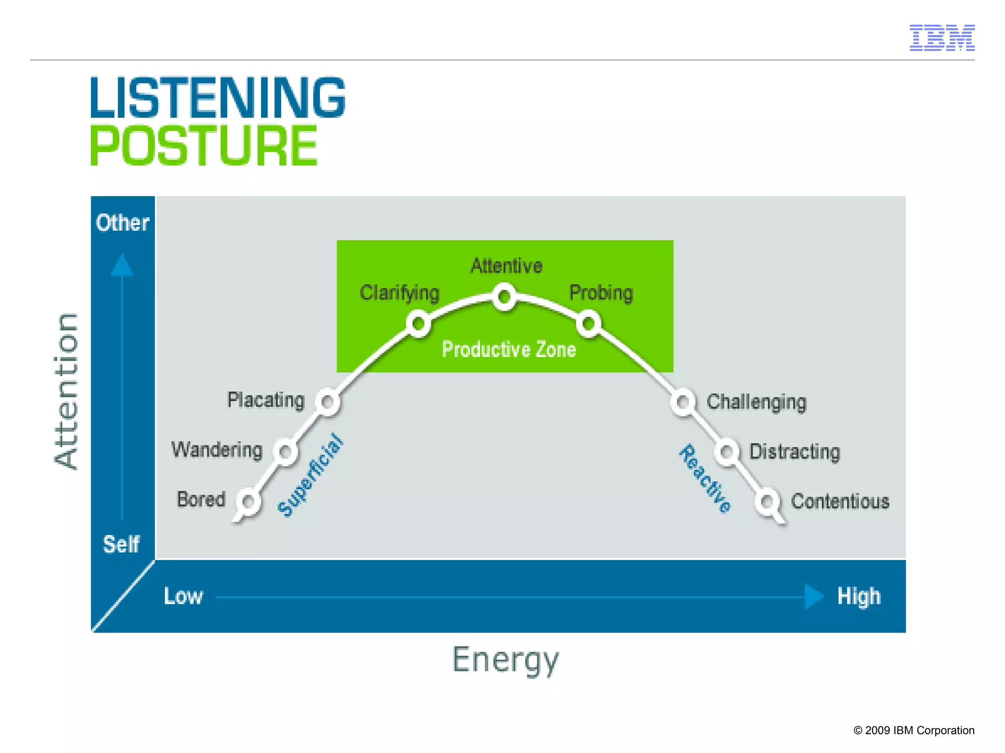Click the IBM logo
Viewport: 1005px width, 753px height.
(942, 38)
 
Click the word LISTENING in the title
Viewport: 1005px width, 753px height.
(218, 98)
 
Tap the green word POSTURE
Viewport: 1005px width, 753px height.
(204, 146)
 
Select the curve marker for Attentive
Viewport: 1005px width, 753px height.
(504, 297)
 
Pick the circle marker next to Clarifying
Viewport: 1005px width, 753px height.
(418, 324)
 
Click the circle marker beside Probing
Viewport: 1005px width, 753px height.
(588, 324)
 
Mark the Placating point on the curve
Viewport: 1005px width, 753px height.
(327, 402)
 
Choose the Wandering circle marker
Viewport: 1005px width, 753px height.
(286, 451)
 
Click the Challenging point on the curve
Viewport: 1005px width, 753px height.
(683, 402)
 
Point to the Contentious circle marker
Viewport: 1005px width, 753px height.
(767, 502)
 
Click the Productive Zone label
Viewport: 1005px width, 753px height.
(509, 350)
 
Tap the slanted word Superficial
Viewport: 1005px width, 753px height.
(310, 475)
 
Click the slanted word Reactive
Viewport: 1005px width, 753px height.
(705, 478)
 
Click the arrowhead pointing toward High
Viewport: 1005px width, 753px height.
(814, 597)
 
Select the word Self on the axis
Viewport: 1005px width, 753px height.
(121, 544)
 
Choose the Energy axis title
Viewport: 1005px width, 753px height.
(505, 660)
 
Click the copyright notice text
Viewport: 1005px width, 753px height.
(914, 730)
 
